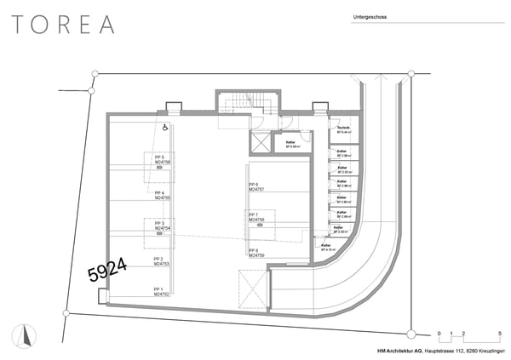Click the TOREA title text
tap(63, 25)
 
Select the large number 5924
tap(108, 270)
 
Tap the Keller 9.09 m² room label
tap(292, 144)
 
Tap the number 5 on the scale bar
tap(498, 333)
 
